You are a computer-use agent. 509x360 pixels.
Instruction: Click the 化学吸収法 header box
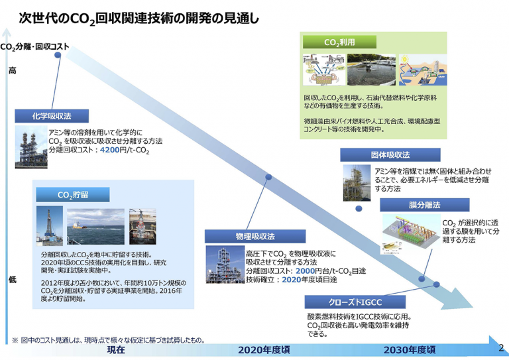(52, 116)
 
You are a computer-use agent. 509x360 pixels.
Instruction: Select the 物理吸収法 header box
(254, 236)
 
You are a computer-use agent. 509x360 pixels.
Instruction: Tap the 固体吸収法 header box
(390, 155)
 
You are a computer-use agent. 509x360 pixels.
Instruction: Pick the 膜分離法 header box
(425, 205)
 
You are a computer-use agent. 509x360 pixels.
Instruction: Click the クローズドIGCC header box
(355, 302)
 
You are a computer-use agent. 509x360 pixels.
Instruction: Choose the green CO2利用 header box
(339, 42)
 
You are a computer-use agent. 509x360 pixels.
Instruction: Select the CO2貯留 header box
(73, 195)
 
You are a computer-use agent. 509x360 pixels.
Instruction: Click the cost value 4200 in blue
(110, 150)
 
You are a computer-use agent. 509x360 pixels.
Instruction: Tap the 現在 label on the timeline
(116, 350)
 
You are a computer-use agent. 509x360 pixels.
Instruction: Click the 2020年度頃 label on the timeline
(264, 350)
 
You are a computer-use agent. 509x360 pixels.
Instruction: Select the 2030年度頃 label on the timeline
(410, 350)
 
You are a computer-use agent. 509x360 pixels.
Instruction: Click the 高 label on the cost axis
(13, 70)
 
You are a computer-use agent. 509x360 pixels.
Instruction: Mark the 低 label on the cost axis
(13, 279)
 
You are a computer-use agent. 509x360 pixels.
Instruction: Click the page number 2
(501, 348)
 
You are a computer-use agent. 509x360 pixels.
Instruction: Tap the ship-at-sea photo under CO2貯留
(95, 227)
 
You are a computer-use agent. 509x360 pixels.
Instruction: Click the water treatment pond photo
(371, 70)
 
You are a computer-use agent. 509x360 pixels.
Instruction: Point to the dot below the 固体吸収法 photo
(359, 209)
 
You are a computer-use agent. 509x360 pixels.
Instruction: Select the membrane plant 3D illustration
(411, 234)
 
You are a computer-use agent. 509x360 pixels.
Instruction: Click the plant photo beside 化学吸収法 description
(31, 147)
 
